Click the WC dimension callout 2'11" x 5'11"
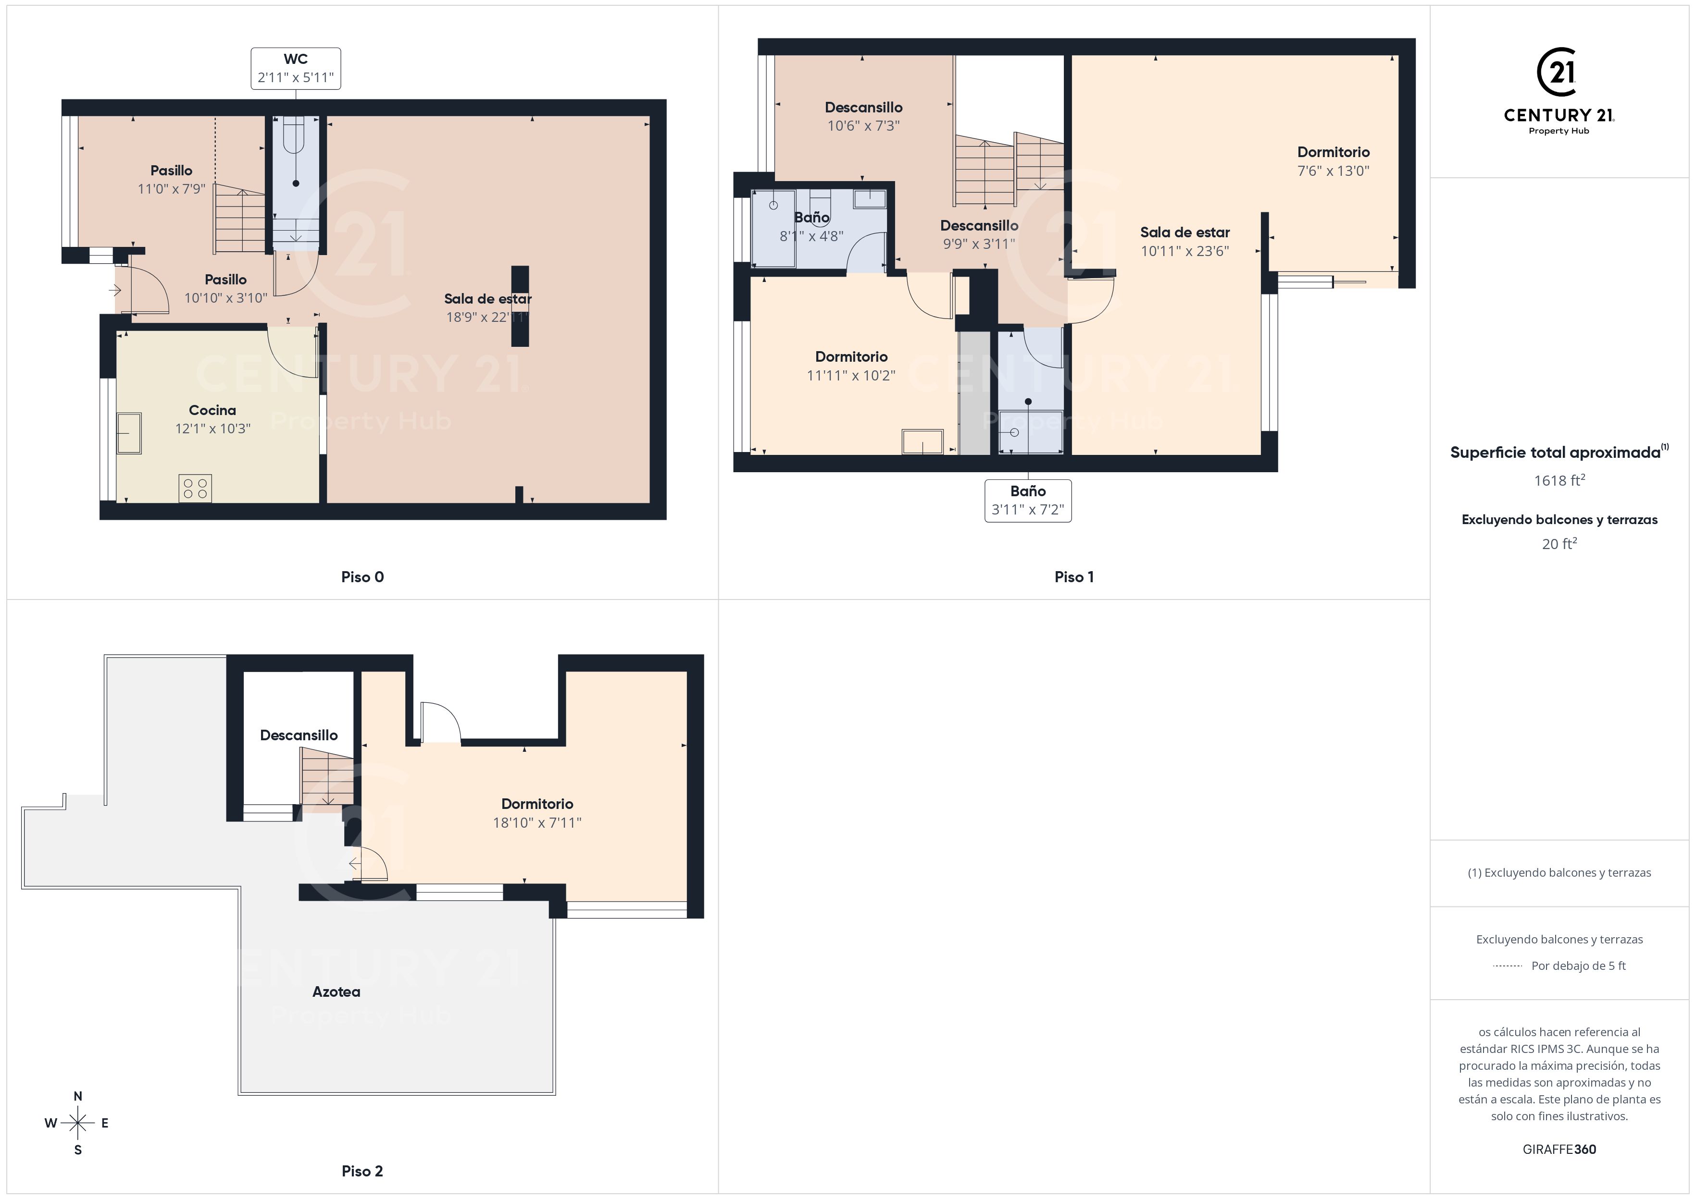(x=296, y=69)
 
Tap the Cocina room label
(x=213, y=411)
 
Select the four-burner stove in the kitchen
(x=195, y=488)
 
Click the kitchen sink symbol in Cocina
(x=129, y=433)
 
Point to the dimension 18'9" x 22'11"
(x=487, y=318)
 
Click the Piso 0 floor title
(x=362, y=577)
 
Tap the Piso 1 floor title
(x=1074, y=577)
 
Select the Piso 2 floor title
(x=362, y=1171)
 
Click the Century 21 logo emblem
(x=1559, y=73)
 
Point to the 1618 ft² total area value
(x=1559, y=481)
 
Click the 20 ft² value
(x=1559, y=544)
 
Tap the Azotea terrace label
(x=336, y=991)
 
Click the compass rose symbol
(x=77, y=1124)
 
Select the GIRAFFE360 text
(x=1559, y=1150)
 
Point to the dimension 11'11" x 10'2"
(x=851, y=375)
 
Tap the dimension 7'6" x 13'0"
(x=1334, y=171)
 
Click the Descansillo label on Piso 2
(x=299, y=735)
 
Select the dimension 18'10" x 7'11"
(x=537, y=822)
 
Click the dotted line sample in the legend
(x=1508, y=966)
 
